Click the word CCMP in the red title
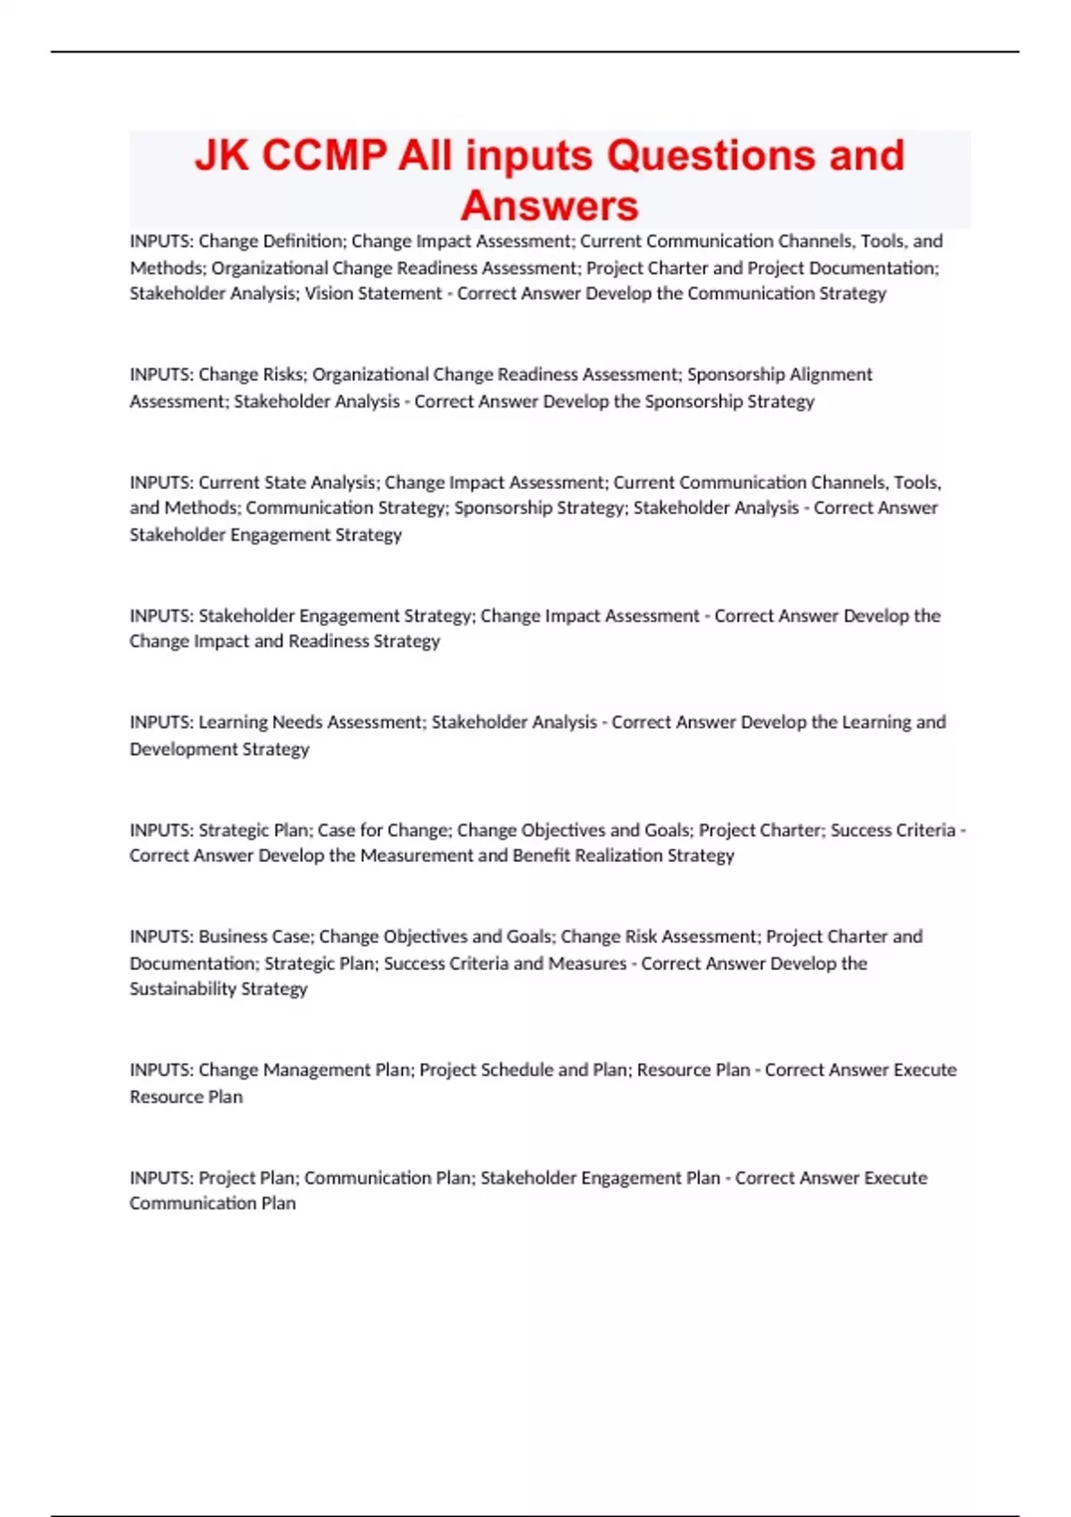326,155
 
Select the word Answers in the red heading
549,205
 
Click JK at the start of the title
222,155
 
